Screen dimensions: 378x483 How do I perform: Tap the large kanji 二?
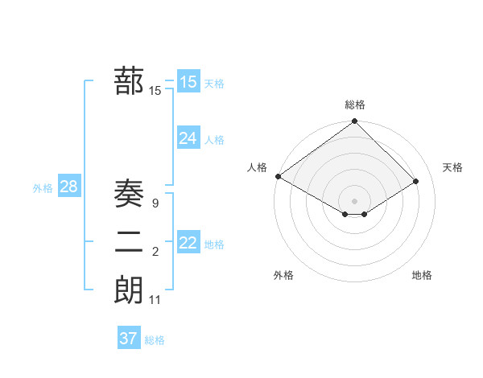pyautogui.click(x=129, y=242)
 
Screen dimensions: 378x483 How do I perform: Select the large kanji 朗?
pyautogui.click(x=129, y=290)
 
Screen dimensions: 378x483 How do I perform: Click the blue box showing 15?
pyautogui.click(x=188, y=81)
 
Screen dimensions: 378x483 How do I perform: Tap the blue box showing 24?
pyautogui.click(x=188, y=138)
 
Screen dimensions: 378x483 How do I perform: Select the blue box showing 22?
pyautogui.click(x=188, y=243)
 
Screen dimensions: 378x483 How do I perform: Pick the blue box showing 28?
pyautogui.click(x=69, y=187)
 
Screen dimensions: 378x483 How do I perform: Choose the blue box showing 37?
pyautogui.click(x=129, y=339)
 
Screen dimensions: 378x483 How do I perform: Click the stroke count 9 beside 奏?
pyautogui.click(x=155, y=204)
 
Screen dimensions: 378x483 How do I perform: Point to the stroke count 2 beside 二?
pyautogui.click(x=155, y=253)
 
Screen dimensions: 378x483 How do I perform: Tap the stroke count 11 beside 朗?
pyautogui.click(x=155, y=300)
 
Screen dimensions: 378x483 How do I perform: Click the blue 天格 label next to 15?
pyautogui.click(x=214, y=83)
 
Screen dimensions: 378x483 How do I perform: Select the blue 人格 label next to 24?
pyautogui.click(x=214, y=140)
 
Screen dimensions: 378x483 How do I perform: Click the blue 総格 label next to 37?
pyautogui.click(x=155, y=340)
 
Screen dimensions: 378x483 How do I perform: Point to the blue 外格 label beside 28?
pyautogui.click(x=43, y=188)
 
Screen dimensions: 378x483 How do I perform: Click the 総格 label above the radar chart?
pyautogui.click(x=354, y=105)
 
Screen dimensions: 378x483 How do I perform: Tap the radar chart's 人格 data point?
pyautogui.click(x=278, y=176)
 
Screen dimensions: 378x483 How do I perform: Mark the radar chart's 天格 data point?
pyautogui.click(x=417, y=182)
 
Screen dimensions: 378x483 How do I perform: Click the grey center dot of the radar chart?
pyautogui.click(x=354, y=200)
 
